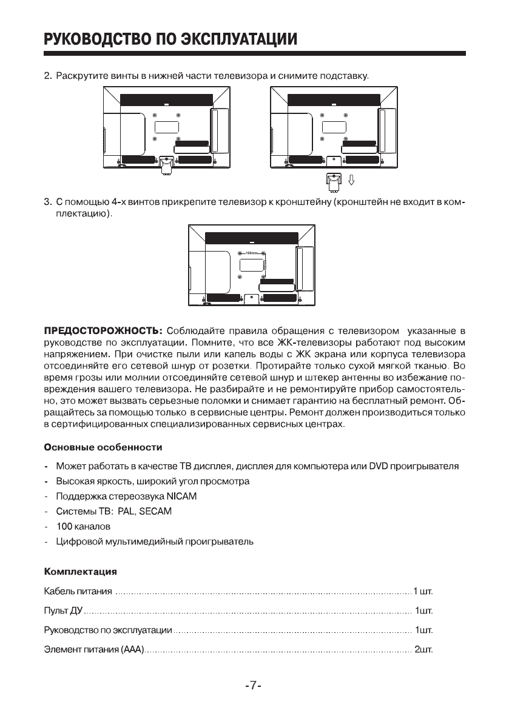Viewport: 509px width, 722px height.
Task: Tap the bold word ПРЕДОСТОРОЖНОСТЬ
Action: (103, 331)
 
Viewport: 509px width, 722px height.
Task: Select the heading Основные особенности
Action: (103, 448)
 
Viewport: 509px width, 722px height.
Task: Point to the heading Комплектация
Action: (80, 572)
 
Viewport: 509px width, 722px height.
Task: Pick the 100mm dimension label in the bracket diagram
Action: (252, 252)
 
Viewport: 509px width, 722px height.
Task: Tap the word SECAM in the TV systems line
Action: (155, 512)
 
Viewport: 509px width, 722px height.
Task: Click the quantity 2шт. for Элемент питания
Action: (422, 651)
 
